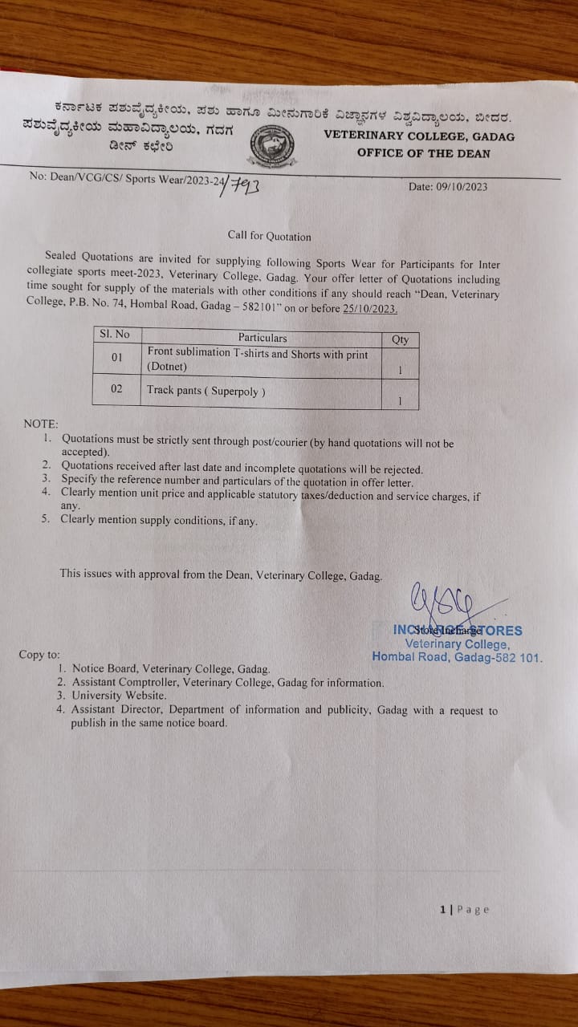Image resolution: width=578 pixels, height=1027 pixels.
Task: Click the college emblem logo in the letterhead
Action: (271, 146)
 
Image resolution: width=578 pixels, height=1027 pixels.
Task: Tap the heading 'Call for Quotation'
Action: (269, 236)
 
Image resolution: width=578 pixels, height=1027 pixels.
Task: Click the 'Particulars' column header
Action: (262, 338)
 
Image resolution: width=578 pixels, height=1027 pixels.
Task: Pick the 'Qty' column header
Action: (400, 339)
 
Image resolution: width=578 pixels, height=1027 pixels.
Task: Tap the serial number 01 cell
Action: (116, 356)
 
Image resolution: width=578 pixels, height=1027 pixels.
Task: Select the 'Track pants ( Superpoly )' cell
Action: (206, 391)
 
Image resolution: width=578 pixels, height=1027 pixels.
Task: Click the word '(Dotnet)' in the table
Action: (166, 367)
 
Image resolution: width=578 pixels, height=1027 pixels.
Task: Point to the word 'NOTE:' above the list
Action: (41, 423)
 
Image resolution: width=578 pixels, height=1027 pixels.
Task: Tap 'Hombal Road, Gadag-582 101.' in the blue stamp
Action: (457, 656)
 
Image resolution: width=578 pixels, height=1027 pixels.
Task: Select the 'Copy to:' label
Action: (39, 655)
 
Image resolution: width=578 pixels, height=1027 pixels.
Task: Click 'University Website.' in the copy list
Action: (118, 696)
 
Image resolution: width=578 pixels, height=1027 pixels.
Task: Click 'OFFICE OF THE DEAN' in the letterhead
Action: (423, 152)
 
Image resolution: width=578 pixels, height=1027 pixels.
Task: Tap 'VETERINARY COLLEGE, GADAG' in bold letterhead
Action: (419, 136)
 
